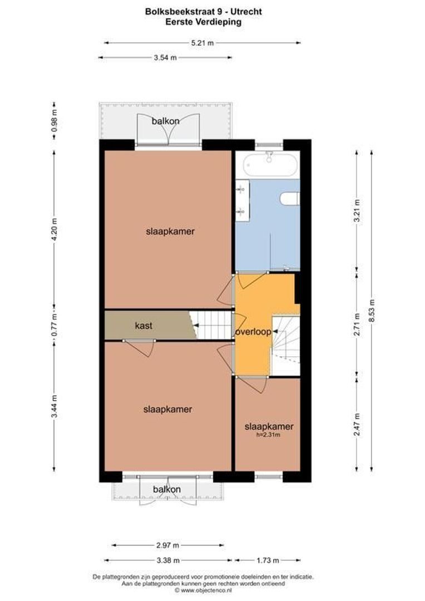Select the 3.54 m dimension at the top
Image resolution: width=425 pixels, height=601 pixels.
pyautogui.click(x=165, y=57)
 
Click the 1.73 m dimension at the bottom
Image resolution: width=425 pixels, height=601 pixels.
pyautogui.click(x=268, y=560)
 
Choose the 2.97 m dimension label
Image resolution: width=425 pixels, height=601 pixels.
pyautogui.click(x=166, y=545)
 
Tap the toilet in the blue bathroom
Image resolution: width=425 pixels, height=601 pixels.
pyautogui.click(x=290, y=198)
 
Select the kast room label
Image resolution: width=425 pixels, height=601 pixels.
pyautogui.click(x=144, y=325)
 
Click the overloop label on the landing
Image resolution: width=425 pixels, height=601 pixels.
pyautogui.click(x=253, y=332)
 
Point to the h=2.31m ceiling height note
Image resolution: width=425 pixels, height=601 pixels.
pyautogui.click(x=268, y=435)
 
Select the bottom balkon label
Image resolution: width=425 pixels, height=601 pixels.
pyautogui.click(x=167, y=490)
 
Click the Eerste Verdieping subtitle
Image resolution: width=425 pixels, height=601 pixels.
pyautogui.click(x=203, y=22)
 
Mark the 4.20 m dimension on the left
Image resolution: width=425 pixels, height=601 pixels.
pyautogui.click(x=54, y=229)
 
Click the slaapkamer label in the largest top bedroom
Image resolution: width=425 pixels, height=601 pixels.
pyautogui.click(x=170, y=231)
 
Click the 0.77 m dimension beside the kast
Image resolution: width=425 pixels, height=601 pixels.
pyautogui.click(x=54, y=325)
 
